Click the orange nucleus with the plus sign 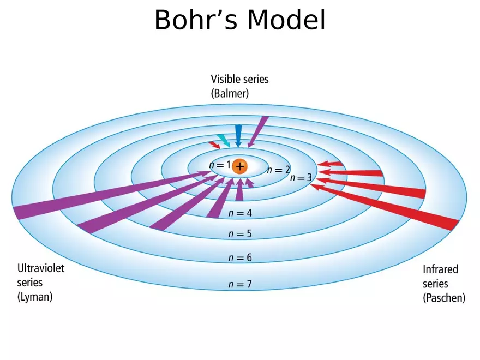[239, 166]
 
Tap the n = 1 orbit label [220, 165]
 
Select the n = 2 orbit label [278, 170]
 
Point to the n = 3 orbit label [301, 178]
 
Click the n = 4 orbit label [240, 213]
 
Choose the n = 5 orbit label [240, 234]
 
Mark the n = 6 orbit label [240, 257]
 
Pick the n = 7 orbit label [240, 284]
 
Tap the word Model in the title [286, 21]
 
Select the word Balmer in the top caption [230, 93]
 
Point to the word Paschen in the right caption [444, 298]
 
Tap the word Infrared [440, 269]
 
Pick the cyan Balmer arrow [224, 140]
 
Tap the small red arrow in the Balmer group [214, 145]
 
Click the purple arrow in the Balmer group [257, 131]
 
